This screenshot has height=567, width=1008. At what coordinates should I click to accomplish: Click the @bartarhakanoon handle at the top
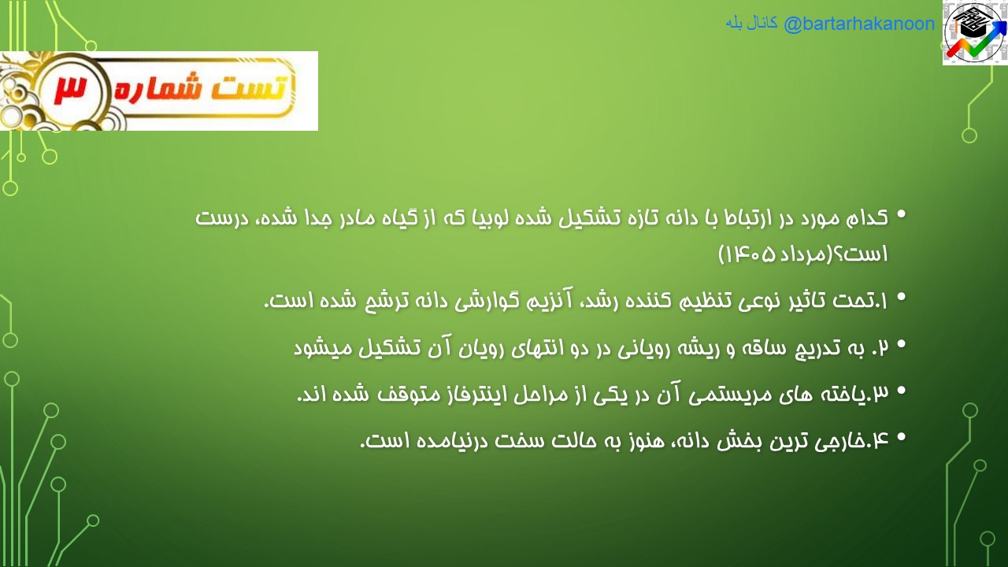(859, 24)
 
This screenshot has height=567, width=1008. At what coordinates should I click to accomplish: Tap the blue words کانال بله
(751, 24)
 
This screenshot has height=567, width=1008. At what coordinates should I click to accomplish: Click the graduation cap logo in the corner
(975, 33)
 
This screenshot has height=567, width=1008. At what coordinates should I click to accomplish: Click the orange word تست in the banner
(250, 87)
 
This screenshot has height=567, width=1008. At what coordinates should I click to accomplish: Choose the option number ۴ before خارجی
(880, 441)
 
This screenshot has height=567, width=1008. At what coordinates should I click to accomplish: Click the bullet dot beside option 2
(901, 345)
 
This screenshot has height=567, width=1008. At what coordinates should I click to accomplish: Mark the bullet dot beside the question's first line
(901, 214)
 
